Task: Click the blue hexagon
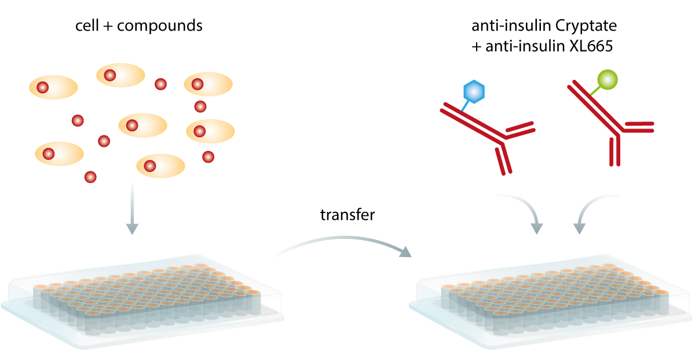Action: click(473, 91)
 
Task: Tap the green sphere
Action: click(606, 79)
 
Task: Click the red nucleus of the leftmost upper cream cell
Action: click(42, 87)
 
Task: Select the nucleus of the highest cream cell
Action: click(110, 75)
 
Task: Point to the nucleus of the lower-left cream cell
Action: click(49, 154)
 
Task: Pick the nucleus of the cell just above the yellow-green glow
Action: click(150, 166)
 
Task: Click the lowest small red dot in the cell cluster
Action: click(90, 177)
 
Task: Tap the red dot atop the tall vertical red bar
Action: click(208, 156)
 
